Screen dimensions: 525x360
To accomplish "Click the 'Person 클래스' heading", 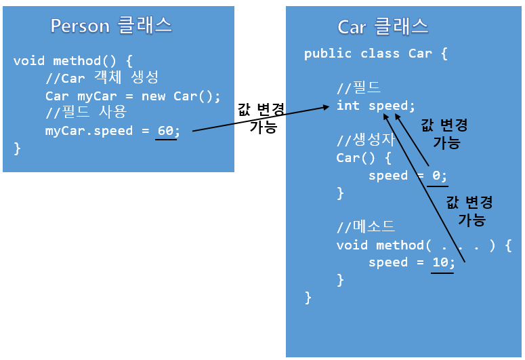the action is coord(111,26).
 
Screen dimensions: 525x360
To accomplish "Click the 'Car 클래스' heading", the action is coord(383,26).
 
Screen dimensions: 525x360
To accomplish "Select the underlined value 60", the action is coord(165,130).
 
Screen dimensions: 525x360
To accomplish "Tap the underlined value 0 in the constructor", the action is coord(437,176).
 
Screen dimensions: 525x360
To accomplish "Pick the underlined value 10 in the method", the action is coord(440,262).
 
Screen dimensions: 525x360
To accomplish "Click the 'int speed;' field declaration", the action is coord(375,106).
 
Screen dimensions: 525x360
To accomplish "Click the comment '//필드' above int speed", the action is coord(358,88).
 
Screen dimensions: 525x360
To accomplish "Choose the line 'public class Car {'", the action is coord(375,54).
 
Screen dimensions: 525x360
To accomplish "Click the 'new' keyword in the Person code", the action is coord(154,96).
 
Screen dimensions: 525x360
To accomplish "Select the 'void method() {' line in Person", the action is coord(73,61).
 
